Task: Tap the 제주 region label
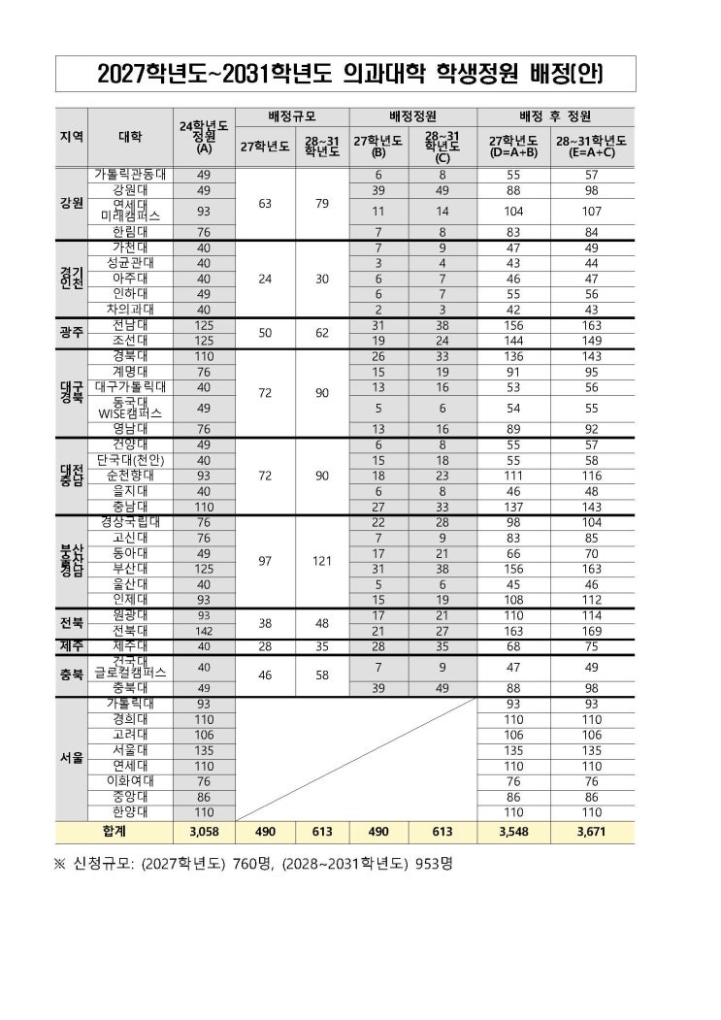[71, 646]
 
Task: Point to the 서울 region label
[71, 757]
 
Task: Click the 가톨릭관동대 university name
[129, 174]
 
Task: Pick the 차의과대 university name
[129, 310]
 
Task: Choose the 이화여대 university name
[129, 780]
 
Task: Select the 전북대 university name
[129, 631]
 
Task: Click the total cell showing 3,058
[203, 832]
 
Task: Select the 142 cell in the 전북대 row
[203, 631]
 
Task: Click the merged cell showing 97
[262, 560]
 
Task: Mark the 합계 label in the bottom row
[114, 832]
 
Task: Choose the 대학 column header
[129, 136]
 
